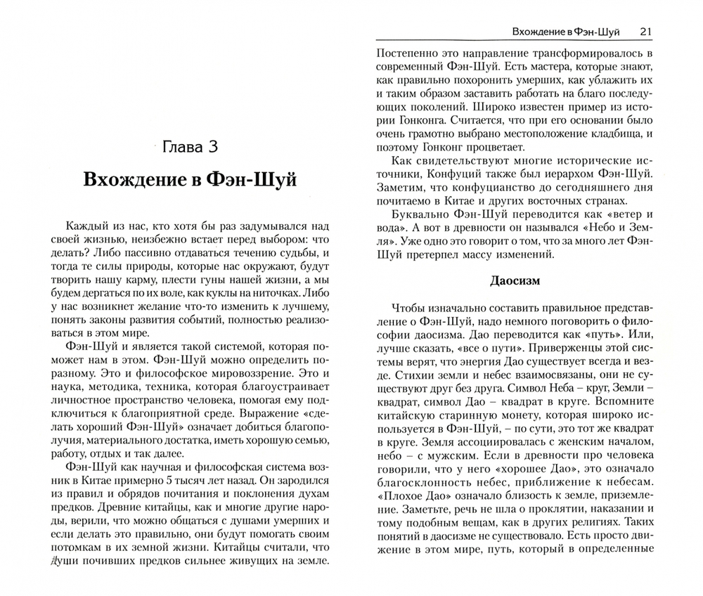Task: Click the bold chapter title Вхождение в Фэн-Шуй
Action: tap(190, 180)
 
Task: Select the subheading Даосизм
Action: tap(515, 280)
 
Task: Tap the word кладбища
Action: tap(628, 134)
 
